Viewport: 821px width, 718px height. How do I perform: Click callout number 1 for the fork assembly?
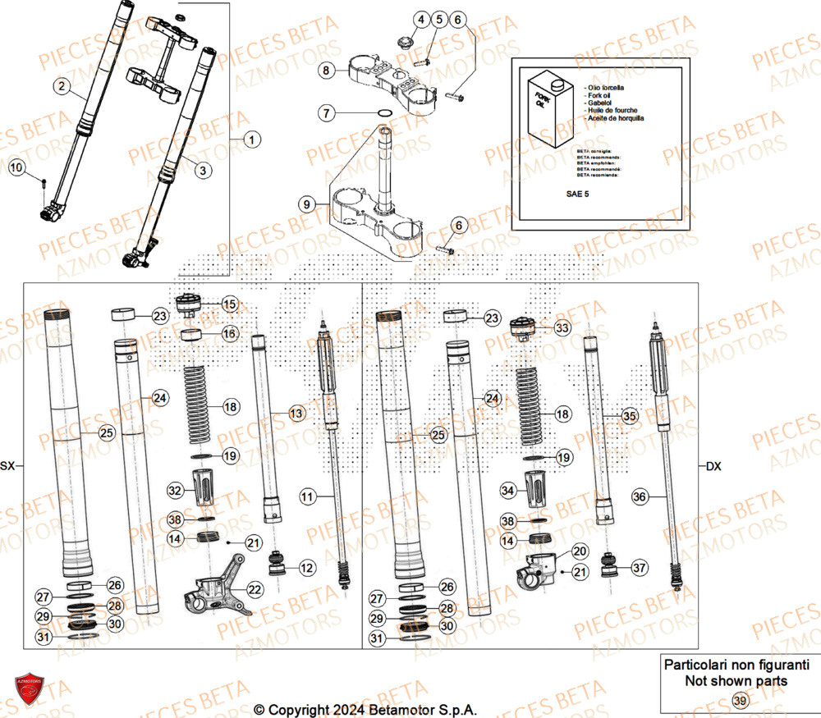[x=250, y=139]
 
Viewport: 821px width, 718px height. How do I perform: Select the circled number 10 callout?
[x=16, y=168]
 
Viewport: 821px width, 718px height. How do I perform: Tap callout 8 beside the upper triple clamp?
[x=326, y=71]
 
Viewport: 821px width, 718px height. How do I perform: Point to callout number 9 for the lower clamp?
[x=306, y=204]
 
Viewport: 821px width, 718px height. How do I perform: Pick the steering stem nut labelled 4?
[x=404, y=41]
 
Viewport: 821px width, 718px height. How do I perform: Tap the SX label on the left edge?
[x=8, y=466]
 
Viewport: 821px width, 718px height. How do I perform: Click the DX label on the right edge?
[x=713, y=466]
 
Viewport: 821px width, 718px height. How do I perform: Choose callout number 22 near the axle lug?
[x=255, y=589]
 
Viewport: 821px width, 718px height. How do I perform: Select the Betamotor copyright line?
[x=365, y=710]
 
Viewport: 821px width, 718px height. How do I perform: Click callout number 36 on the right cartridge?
[x=641, y=496]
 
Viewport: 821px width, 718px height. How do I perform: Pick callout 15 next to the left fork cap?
[x=229, y=304]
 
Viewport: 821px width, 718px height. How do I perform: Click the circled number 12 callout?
[x=306, y=567]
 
